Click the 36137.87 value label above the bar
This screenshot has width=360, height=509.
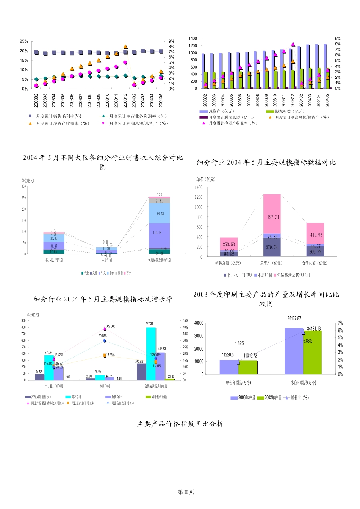294,319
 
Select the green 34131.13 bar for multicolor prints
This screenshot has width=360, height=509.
312,352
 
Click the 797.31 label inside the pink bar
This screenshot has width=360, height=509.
273,217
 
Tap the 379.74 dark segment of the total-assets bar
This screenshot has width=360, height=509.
272,247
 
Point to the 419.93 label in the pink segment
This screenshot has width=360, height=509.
316,235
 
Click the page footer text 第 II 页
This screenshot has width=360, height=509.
186,492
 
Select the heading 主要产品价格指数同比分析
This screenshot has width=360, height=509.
180,424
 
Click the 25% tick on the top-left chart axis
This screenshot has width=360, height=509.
24,41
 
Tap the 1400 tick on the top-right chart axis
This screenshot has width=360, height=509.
193,39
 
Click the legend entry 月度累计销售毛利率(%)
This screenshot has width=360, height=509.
58,116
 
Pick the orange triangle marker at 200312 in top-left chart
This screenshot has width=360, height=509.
125,47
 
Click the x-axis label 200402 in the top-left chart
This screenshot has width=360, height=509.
134,100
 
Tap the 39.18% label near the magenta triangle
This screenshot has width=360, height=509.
111,327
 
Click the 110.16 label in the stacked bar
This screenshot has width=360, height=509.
157,233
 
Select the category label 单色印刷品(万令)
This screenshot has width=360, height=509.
238,383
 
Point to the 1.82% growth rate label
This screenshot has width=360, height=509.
240,343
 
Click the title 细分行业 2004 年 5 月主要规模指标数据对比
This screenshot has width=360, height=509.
266,162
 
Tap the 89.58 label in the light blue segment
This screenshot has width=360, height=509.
160,214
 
